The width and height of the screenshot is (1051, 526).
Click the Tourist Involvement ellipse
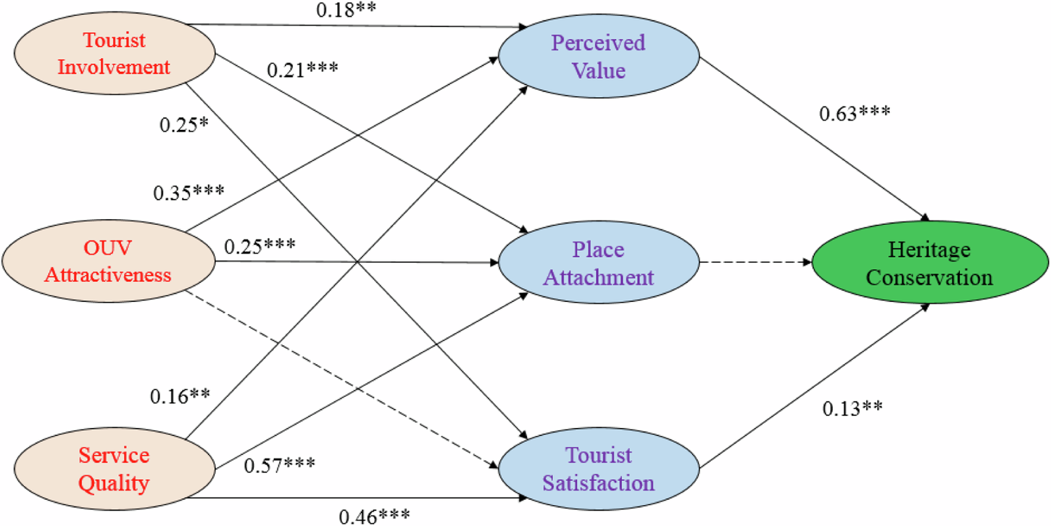[x=115, y=54]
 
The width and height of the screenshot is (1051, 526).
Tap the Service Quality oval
[x=115, y=469]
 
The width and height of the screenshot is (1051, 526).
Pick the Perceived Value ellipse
[x=598, y=56]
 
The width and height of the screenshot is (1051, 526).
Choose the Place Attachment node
[x=598, y=263]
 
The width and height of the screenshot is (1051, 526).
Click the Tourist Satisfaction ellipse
[x=598, y=469]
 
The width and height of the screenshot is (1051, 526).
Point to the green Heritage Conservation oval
[x=930, y=263]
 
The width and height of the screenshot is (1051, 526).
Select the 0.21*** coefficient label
[x=302, y=70]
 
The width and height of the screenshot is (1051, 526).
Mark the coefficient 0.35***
[x=188, y=194]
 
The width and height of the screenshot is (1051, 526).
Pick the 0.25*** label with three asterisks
[x=259, y=245]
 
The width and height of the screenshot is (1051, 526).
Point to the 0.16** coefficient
[x=180, y=397]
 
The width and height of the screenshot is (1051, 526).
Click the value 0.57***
[x=280, y=463]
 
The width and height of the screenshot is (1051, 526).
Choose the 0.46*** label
[x=374, y=516]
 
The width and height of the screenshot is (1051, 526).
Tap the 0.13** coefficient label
[x=852, y=408]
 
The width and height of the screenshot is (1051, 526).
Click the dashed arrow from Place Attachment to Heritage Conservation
[x=754, y=263]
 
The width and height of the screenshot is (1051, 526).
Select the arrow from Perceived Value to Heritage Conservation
[x=812, y=138]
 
